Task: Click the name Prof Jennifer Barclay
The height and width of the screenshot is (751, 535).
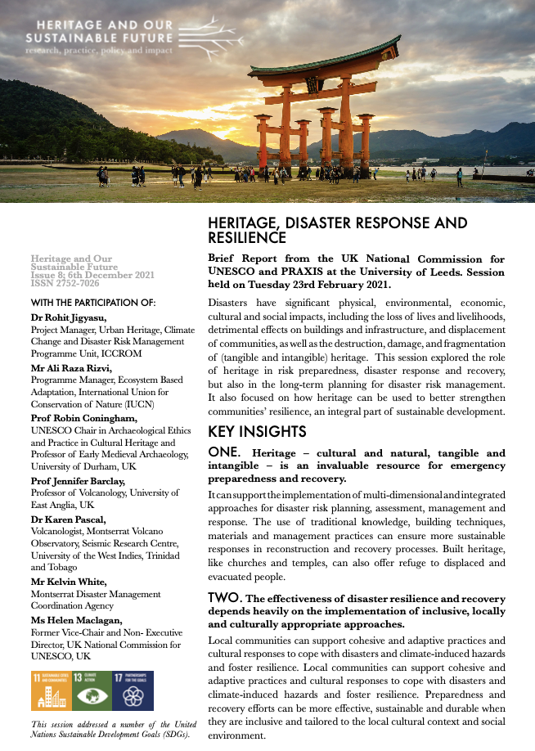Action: coord(78,481)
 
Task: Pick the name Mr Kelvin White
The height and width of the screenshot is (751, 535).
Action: coord(69,582)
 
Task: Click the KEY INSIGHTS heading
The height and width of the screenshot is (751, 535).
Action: coord(257,432)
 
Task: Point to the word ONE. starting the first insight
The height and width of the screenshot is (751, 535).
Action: coord(224,452)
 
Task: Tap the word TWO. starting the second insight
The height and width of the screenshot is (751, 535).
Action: coord(225,598)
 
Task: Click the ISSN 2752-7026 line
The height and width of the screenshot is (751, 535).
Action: coord(65,284)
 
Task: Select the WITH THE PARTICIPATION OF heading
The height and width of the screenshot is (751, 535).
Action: coord(92,303)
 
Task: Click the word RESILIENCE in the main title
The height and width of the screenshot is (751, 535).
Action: coord(247,238)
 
